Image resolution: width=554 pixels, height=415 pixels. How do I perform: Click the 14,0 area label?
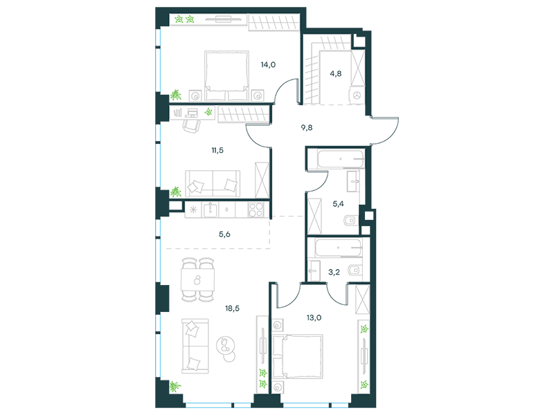(x=268, y=65)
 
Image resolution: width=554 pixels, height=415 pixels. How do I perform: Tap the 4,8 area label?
(x=336, y=74)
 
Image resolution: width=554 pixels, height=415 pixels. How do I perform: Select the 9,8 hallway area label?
(x=307, y=128)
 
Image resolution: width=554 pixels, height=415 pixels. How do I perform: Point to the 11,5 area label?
(x=217, y=150)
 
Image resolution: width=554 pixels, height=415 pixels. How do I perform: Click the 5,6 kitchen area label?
(x=224, y=234)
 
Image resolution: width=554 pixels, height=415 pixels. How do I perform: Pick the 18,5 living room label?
(x=232, y=308)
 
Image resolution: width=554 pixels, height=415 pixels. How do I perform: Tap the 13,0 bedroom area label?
(x=314, y=317)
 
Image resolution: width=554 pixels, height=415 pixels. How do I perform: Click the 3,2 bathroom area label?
(x=334, y=272)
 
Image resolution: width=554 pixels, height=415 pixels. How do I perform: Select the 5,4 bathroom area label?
(x=338, y=203)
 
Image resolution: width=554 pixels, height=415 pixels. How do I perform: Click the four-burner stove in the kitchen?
(x=256, y=210)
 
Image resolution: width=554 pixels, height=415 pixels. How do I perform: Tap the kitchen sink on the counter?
(x=211, y=210)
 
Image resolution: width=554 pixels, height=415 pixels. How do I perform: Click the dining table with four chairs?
(x=197, y=280)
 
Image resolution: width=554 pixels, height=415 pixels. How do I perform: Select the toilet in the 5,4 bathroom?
(x=350, y=220)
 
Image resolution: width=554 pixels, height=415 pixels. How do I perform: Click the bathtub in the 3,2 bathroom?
(x=338, y=248)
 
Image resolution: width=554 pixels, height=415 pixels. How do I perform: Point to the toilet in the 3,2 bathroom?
(x=354, y=270)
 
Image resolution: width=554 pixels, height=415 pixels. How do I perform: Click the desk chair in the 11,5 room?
(x=192, y=126)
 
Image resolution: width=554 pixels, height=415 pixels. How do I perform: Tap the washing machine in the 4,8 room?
(x=357, y=95)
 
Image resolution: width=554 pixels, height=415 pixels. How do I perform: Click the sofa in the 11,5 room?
(x=213, y=183)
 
